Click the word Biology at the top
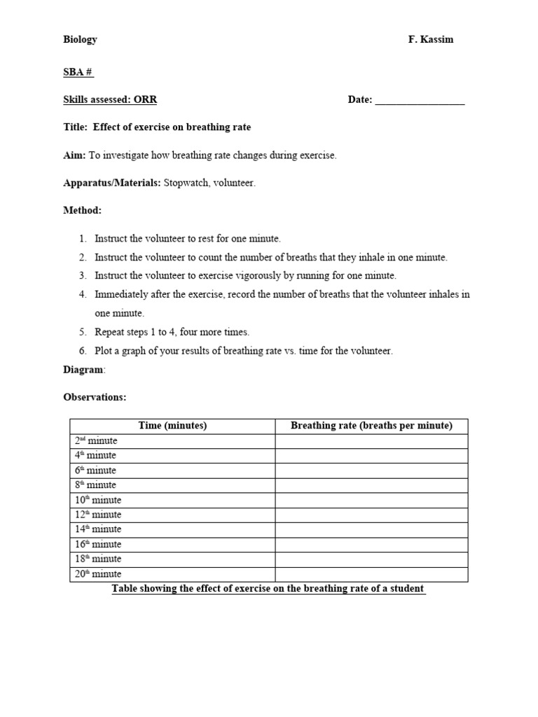[x=80, y=40]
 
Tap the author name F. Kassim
[x=431, y=40]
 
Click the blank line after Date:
[x=420, y=101]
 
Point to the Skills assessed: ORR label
[x=110, y=100]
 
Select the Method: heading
[x=82, y=210]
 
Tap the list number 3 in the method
[x=83, y=276]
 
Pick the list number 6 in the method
[x=83, y=351]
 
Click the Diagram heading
[x=83, y=370]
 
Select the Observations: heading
[x=95, y=397]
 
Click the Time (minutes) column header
[x=172, y=426]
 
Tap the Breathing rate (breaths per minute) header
[x=371, y=426]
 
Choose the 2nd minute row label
[x=96, y=441]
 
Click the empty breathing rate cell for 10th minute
[x=371, y=500]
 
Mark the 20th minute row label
[x=98, y=574]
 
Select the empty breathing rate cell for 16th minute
[x=371, y=544]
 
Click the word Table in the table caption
[x=126, y=589]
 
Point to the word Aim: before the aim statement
[x=75, y=155]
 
